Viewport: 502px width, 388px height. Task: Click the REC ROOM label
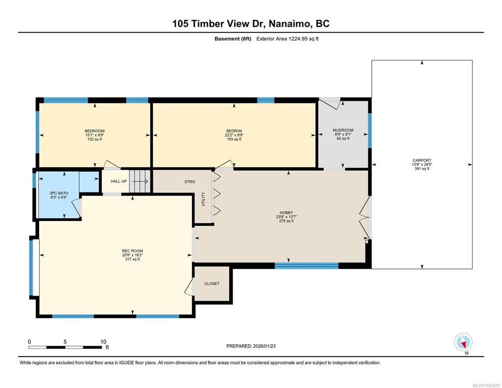pos(132,251)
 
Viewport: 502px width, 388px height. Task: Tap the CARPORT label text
pos(422,160)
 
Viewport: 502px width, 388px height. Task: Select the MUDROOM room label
pos(343,130)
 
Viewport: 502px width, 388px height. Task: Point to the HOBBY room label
pos(286,212)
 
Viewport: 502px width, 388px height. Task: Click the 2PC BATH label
pos(59,193)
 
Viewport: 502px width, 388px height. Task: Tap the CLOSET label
pos(212,283)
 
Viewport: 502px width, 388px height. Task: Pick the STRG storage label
pos(189,182)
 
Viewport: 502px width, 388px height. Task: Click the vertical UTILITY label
pos(204,199)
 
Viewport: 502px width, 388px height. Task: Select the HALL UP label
pos(119,181)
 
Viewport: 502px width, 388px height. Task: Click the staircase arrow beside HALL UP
pos(140,181)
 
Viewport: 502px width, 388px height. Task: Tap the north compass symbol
pos(463,343)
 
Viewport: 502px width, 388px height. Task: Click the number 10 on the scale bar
pos(103,342)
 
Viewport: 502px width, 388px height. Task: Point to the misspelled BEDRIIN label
pos(234,131)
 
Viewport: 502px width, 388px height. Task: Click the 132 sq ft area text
pos(95,139)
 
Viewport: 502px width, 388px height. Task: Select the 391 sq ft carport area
pos(422,169)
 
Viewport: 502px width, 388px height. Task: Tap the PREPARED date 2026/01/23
pos(264,346)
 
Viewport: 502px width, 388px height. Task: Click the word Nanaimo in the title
pos(290,24)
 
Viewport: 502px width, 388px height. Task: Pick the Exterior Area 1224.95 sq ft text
pos(287,39)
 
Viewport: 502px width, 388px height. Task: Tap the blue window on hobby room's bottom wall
pos(307,266)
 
